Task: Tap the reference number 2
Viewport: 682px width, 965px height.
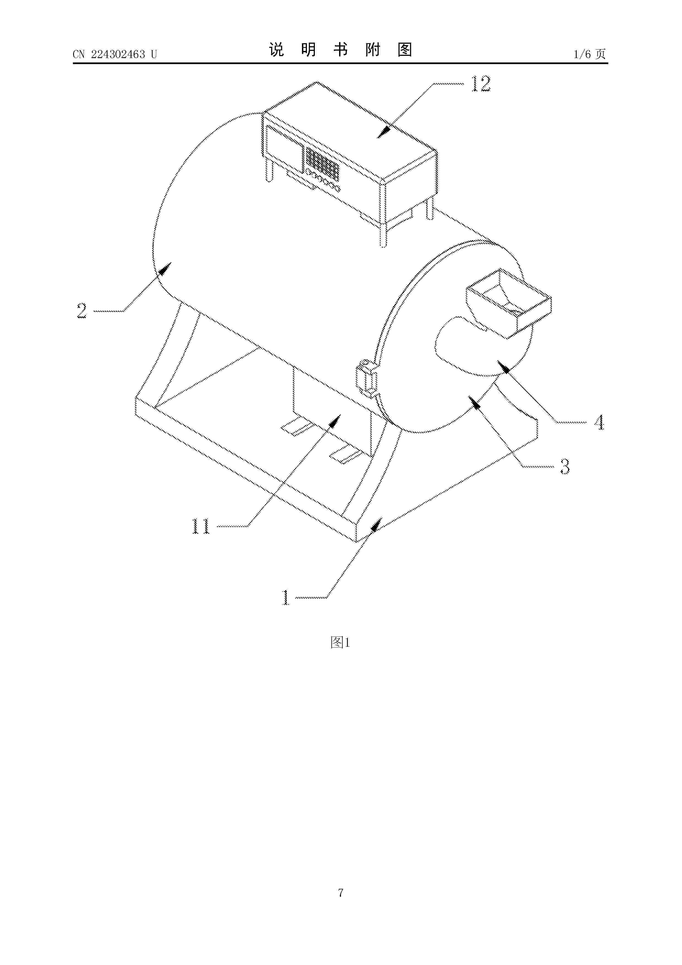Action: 81,311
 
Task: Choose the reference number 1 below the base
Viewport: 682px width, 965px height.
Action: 286,597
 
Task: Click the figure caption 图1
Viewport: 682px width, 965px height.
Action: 340,642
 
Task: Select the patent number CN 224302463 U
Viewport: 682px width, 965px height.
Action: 115,54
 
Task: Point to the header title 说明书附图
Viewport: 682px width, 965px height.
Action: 340,50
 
